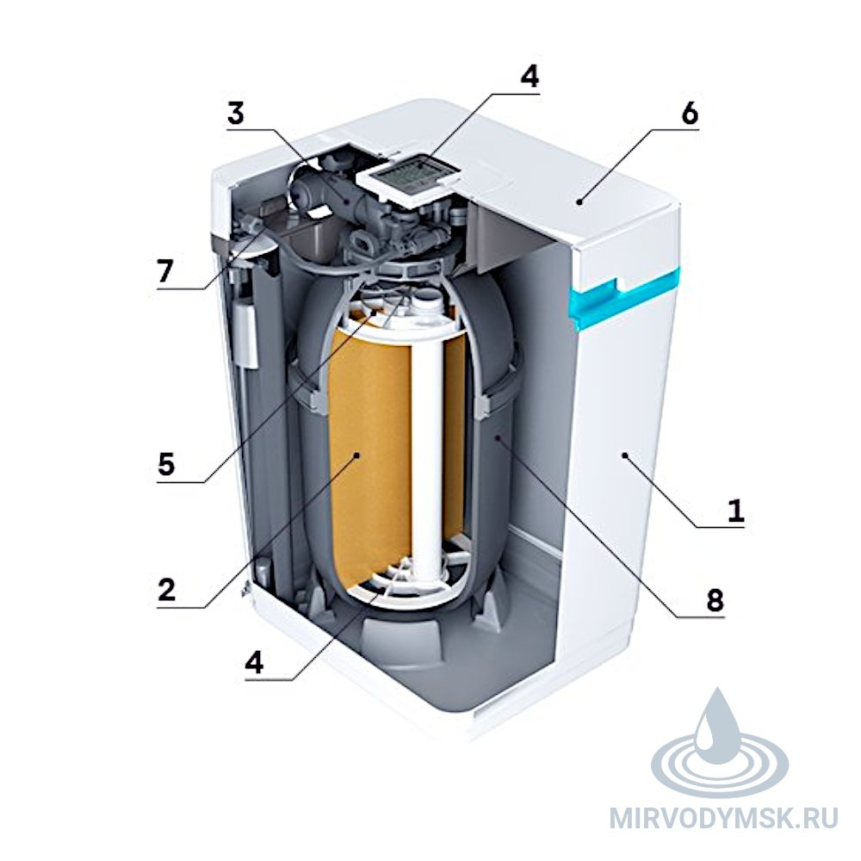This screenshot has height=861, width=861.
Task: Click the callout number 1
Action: (x=735, y=510)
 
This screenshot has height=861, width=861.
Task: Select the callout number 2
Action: (x=166, y=589)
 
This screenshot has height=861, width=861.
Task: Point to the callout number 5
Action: (x=166, y=464)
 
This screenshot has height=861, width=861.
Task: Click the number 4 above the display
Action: (x=530, y=77)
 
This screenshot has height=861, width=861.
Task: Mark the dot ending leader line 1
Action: (x=624, y=455)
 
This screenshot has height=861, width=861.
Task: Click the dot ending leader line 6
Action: (x=579, y=202)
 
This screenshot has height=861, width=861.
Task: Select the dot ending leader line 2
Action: (x=357, y=455)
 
